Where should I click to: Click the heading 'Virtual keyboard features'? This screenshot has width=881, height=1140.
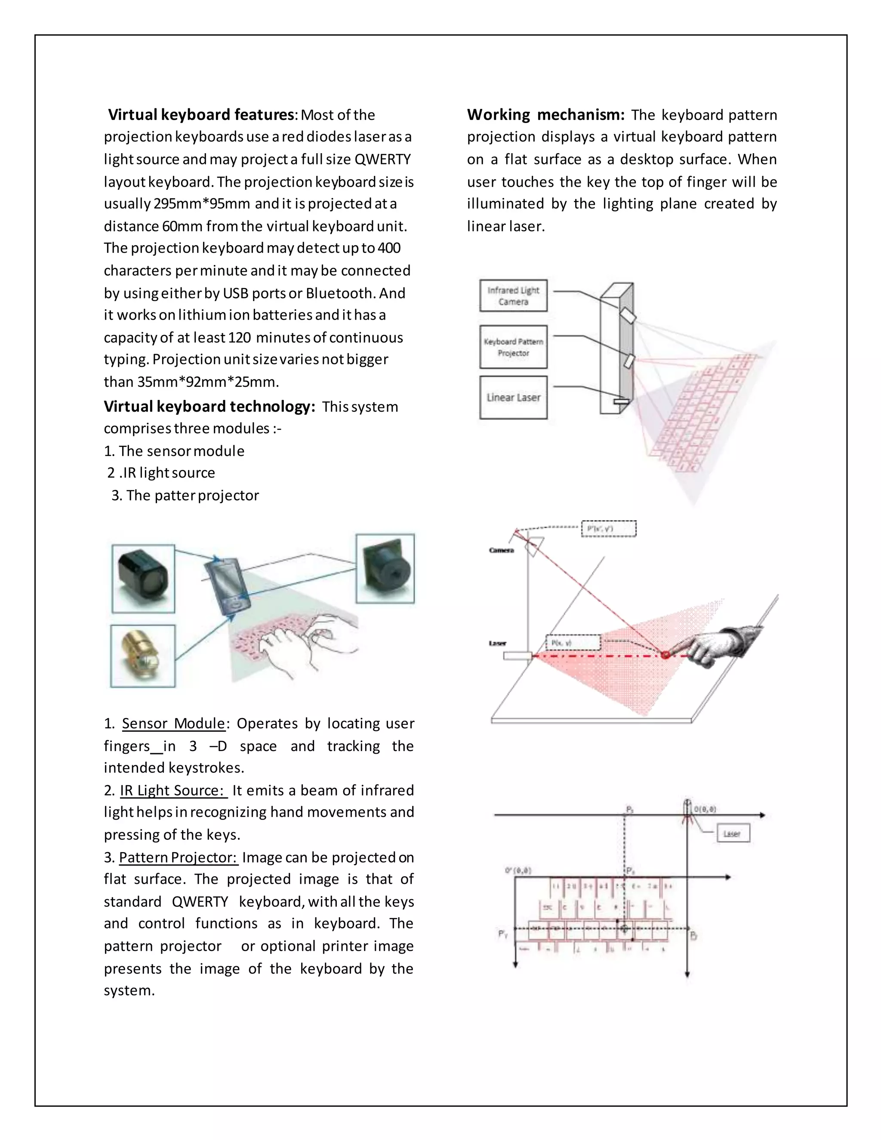click(201, 114)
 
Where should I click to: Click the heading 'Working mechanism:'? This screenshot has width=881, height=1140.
click(545, 114)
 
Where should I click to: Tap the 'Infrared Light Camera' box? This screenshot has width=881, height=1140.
click(513, 296)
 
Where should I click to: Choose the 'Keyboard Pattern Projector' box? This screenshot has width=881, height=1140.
click(513, 347)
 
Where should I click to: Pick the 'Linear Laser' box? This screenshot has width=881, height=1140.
click(513, 398)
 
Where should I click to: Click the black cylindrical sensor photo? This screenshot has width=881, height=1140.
click(143, 578)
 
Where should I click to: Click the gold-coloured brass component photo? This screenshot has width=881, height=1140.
click(142, 656)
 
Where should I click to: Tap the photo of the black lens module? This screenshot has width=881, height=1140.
click(385, 568)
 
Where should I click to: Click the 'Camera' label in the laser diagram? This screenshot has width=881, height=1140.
click(501, 550)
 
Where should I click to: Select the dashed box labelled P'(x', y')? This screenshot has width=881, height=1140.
click(609, 529)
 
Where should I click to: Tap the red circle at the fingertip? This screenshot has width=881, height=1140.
click(665, 655)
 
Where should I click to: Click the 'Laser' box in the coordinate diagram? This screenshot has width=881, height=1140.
click(733, 834)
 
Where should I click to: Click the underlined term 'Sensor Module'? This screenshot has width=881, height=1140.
click(173, 724)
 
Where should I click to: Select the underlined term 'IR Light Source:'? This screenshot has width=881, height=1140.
click(173, 790)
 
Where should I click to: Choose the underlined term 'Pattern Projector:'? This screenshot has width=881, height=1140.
click(179, 858)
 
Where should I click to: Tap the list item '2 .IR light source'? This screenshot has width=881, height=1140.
click(161, 473)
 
